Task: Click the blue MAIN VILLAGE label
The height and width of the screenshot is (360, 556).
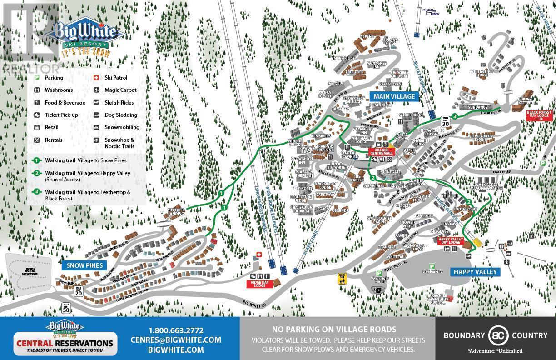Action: click(394, 96)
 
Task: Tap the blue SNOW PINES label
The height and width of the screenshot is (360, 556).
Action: click(84, 265)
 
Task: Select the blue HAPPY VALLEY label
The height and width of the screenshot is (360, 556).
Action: click(475, 272)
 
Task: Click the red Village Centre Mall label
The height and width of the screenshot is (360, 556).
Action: click(382, 151)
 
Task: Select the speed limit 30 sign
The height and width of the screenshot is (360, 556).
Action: click(445, 122)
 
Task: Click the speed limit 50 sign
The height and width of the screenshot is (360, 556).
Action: click(66, 309)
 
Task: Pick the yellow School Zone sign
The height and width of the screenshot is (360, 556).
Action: click(342, 278)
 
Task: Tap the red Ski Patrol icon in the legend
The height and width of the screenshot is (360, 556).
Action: click(96, 78)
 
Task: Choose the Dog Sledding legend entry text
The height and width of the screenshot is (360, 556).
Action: click(121, 115)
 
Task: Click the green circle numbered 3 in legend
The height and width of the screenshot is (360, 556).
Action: click(36, 192)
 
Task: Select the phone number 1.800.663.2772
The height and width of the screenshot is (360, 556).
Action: click(176, 330)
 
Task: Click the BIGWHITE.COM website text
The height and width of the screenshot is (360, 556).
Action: click(176, 350)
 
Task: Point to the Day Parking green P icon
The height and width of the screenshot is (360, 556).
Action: click(432, 266)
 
